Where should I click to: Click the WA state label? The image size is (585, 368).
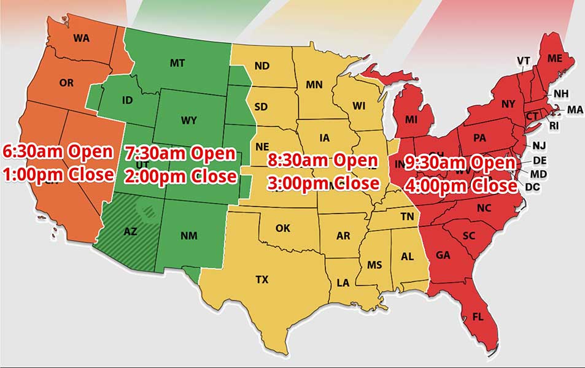[x=81, y=38]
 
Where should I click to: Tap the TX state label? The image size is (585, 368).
[x=262, y=280]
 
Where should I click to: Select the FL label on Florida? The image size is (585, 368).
[x=478, y=316]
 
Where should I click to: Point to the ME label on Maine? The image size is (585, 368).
[x=555, y=58]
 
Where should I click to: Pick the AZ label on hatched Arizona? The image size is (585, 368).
[x=130, y=231]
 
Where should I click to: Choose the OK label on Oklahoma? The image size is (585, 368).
[x=282, y=228]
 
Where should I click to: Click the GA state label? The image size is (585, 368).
[x=443, y=255]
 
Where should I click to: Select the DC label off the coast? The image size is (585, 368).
[x=533, y=186]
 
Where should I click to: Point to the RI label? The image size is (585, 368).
[x=554, y=126]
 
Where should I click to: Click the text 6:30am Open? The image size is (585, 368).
[x=58, y=151]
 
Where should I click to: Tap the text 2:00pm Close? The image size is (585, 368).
[x=180, y=176]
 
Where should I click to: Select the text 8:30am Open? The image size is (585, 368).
[x=323, y=161]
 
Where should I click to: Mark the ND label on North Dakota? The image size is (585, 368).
[x=262, y=66]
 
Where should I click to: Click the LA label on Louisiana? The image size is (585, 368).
[x=343, y=283]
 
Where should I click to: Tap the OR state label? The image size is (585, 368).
[x=67, y=82]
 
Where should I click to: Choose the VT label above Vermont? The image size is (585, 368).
[x=523, y=60]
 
